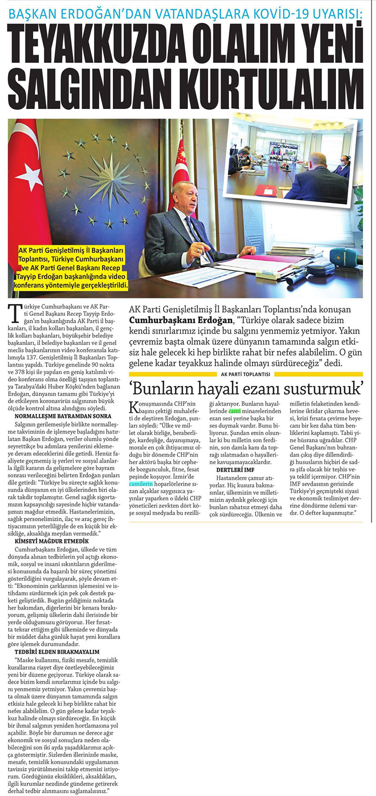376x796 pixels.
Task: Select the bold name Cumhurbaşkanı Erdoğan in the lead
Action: click(x=180, y=320)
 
